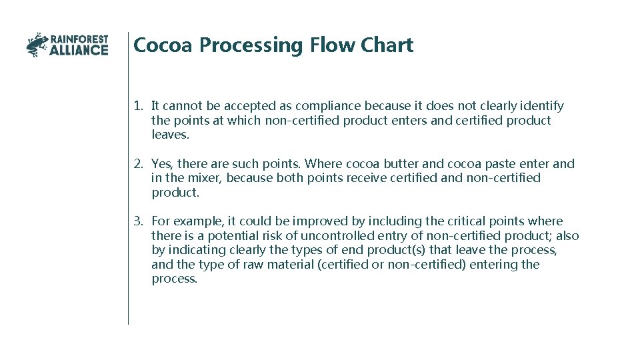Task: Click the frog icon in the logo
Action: pos(37,45)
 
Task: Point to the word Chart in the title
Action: pos(387,45)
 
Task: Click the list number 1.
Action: pos(137,106)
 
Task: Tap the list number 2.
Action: pos(137,164)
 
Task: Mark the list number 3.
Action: pos(137,221)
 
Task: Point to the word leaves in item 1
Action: pos(169,135)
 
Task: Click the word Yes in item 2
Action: pos(161,164)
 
